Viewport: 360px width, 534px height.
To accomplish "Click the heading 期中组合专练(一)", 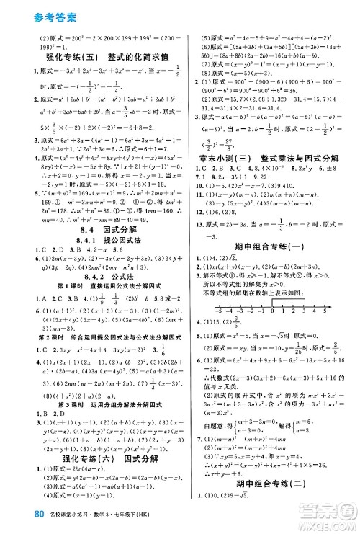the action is point(270,264).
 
